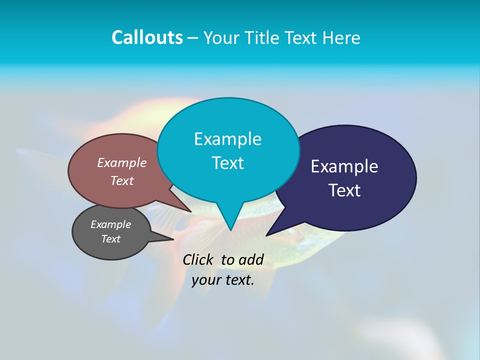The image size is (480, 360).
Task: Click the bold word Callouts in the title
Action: pyautogui.click(x=147, y=37)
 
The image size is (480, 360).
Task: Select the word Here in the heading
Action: pyautogui.click(x=341, y=37)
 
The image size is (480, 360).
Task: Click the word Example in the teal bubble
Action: pyautogui.click(x=227, y=139)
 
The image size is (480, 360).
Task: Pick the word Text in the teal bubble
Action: pyautogui.click(x=227, y=163)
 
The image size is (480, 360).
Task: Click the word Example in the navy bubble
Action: pyautogui.click(x=344, y=166)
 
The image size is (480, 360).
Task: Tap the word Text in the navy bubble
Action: pyautogui.click(x=344, y=190)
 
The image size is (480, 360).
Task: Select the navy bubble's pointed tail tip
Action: pyautogui.click(x=266, y=235)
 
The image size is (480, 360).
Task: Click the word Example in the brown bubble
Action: pyautogui.click(x=122, y=162)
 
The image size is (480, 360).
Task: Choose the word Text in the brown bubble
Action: pyautogui.click(x=122, y=180)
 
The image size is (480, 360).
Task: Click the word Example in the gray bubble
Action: pyautogui.click(x=110, y=224)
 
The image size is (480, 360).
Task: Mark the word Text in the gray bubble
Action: pyautogui.click(x=110, y=239)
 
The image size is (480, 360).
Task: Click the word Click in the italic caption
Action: pyautogui.click(x=197, y=259)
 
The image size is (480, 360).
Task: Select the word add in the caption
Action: pyautogui.click(x=251, y=259)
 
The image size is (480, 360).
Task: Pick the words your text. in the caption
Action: pyautogui.click(x=223, y=280)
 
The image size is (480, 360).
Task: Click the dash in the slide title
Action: pyautogui.click(x=193, y=37)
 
